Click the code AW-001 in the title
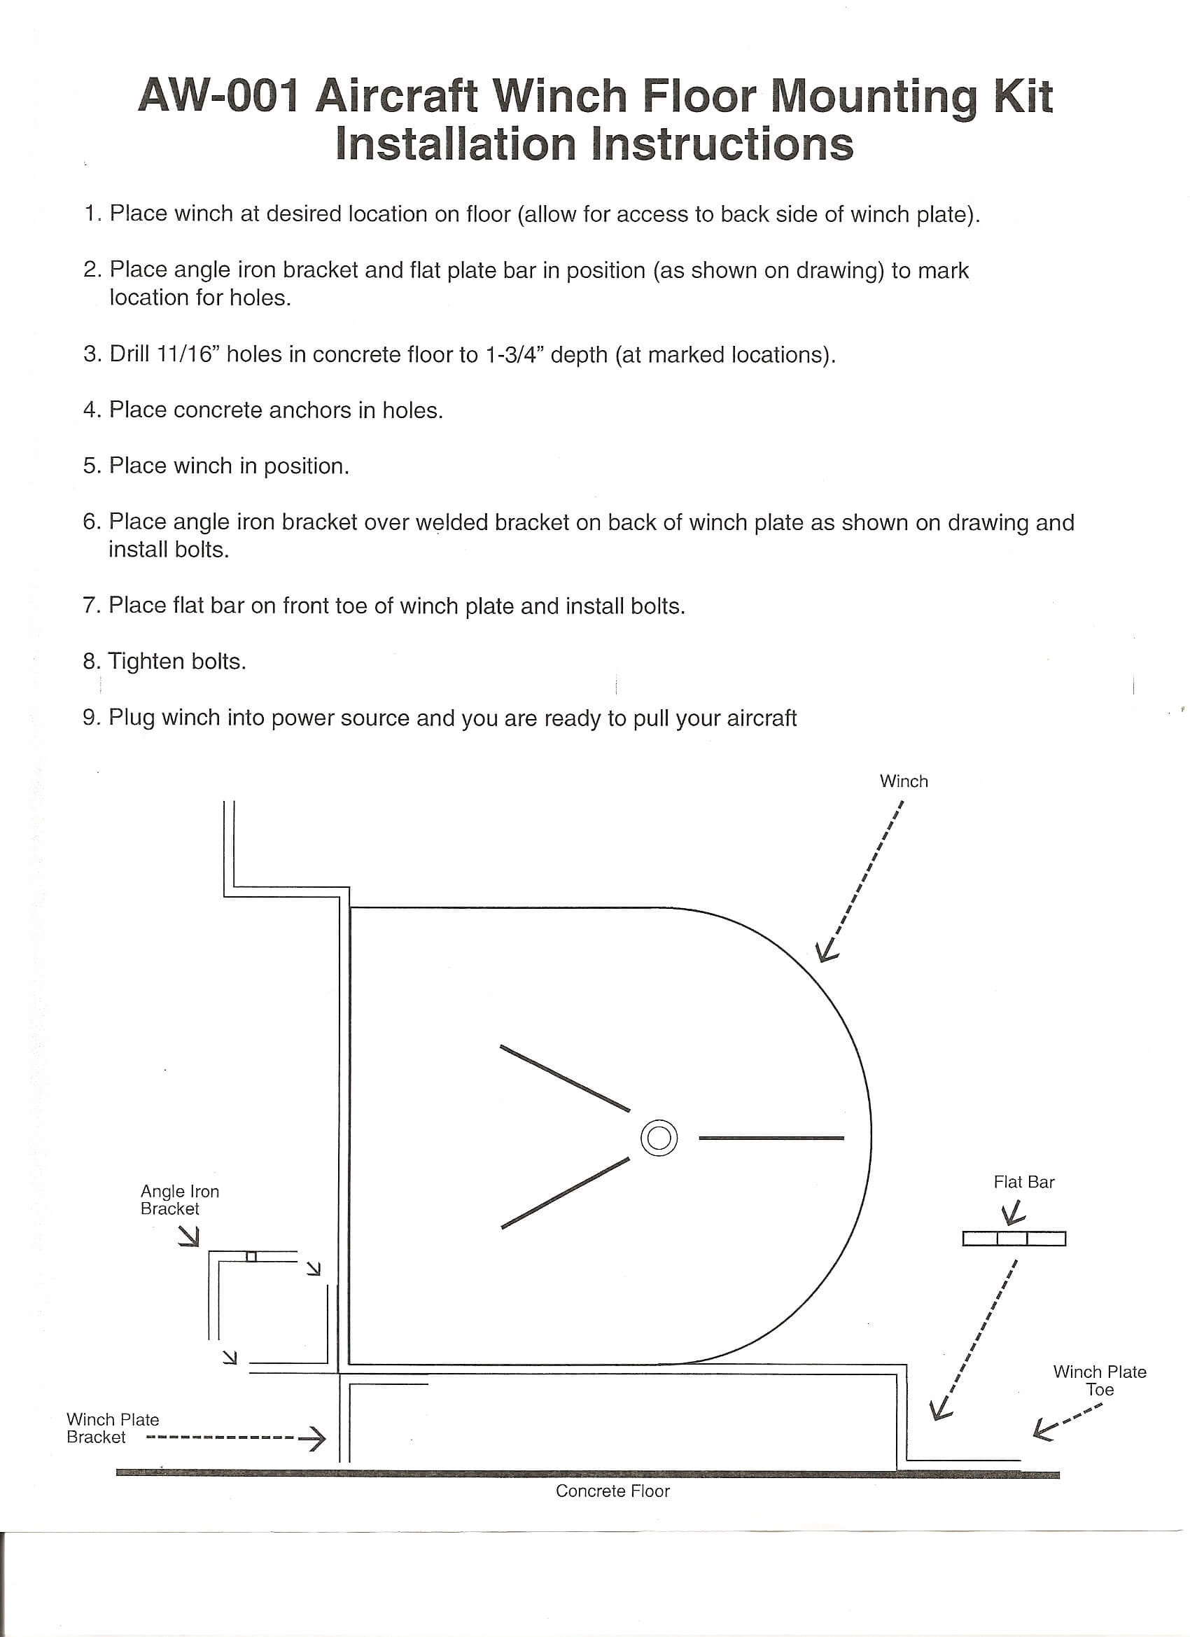218,96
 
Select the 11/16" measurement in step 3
187,354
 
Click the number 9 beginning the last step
90,718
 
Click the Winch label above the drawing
904,781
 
